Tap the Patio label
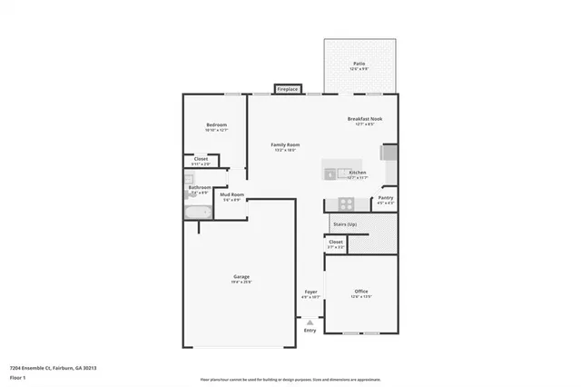coord(359,64)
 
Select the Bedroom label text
coord(216,124)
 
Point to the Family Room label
coord(287,144)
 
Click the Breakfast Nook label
coord(363,119)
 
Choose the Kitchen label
coord(357,172)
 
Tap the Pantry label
coord(385,197)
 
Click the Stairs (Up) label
coord(344,223)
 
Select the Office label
coord(361,292)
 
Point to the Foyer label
coord(310,292)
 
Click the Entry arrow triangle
coord(310,322)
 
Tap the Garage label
coord(241,276)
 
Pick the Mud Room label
coord(232,194)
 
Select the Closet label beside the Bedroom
coord(201,159)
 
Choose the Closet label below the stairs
coord(336,242)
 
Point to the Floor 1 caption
coord(17,375)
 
